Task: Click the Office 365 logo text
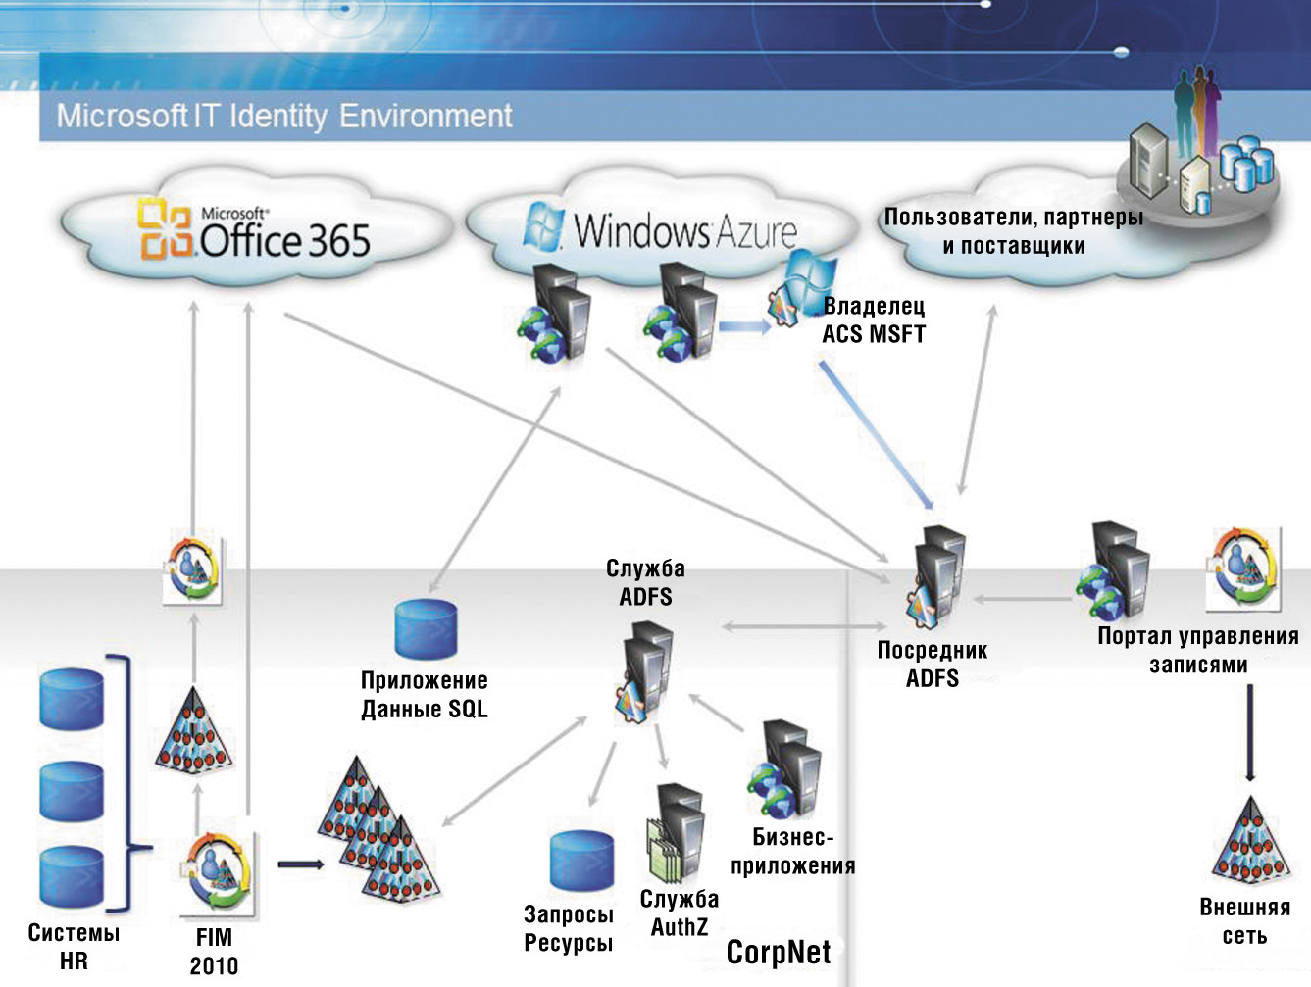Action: (x=284, y=238)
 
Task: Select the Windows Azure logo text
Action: (x=684, y=231)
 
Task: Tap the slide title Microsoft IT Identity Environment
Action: (x=284, y=116)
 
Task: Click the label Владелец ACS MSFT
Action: (x=874, y=321)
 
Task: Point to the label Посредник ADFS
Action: (x=932, y=664)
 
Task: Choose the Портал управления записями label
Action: (x=1197, y=650)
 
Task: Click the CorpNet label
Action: (x=779, y=952)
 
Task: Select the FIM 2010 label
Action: (x=214, y=952)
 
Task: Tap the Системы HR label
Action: (x=74, y=947)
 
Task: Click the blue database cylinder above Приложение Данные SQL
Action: (x=426, y=629)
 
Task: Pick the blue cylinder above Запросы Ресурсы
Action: (x=581, y=861)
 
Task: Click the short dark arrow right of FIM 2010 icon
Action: (x=300, y=864)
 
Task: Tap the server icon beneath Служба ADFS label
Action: (x=645, y=670)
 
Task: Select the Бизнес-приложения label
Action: (x=792, y=851)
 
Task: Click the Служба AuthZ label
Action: (x=680, y=913)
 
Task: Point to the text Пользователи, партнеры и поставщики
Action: (x=1014, y=231)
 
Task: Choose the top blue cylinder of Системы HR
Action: (x=72, y=699)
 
